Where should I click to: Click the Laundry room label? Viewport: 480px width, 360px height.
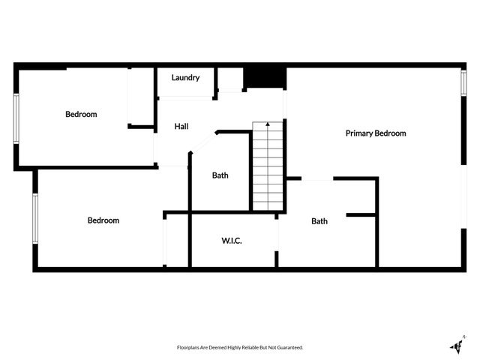(185, 78)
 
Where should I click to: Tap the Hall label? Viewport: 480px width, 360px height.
(181, 127)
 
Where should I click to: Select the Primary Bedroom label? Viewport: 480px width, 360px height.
(376, 133)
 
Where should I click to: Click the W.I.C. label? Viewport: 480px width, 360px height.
(232, 241)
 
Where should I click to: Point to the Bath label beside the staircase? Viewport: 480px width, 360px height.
(220, 175)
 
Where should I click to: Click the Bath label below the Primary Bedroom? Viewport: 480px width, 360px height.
(319, 221)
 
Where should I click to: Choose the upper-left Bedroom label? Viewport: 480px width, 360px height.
(81, 115)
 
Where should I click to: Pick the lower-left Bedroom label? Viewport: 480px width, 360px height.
(103, 220)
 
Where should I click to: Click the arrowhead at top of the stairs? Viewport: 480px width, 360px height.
(268, 124)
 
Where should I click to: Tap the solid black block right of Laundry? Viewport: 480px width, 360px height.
(265, 78)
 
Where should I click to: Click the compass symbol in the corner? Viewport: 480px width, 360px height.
(458, 345)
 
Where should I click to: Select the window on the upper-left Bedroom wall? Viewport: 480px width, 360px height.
(16, 118)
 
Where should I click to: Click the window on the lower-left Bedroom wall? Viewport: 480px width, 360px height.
(35, 218)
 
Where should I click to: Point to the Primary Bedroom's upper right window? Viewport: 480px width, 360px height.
(463, 83)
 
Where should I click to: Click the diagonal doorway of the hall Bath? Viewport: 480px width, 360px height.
(203, 142)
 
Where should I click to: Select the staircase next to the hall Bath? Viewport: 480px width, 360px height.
(268, 166)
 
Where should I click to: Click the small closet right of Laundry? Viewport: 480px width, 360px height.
(230, 79)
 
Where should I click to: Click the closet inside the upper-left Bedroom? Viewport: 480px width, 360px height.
(140, 96)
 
